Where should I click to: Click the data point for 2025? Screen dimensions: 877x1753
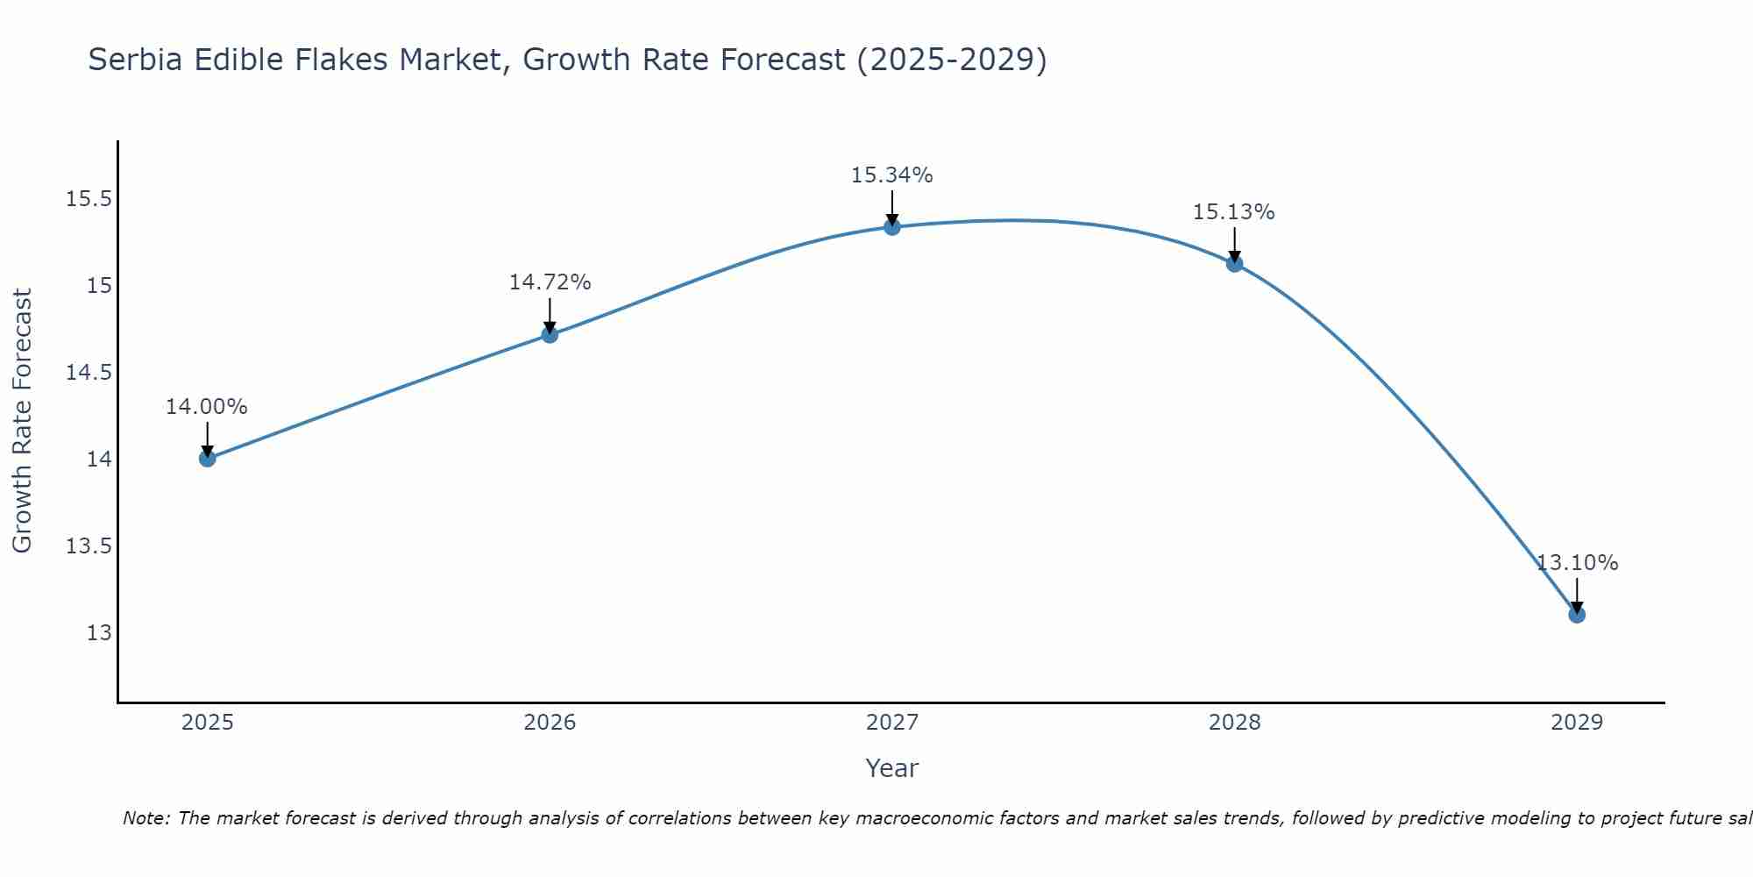(x=207, y=459)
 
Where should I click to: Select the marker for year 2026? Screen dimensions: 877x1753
(x=550, y=334)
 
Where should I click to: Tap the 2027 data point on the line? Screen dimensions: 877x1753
(x=892, y=227)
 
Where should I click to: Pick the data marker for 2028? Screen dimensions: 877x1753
(x=1234, y=263)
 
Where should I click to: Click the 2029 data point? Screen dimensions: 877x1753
(x=1577, y=615)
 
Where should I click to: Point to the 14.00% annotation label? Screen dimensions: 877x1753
(x=207, y=407)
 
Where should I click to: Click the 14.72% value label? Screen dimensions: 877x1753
(x=550, y=282)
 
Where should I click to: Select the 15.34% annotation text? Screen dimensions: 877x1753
(x=892, y=175)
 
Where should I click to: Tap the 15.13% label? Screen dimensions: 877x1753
(x=1234, y=212)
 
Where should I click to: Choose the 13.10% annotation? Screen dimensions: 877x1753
(x=1577, y=563)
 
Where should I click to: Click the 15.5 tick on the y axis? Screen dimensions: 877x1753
(x=89, y=199)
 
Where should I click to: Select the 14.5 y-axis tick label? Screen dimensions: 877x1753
(x=89, y=373)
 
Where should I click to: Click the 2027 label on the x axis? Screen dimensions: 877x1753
(x=892, y=723)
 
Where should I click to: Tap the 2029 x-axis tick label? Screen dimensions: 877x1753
(x=1577, y=723)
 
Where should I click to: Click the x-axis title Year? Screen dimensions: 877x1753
(x=892, y=768)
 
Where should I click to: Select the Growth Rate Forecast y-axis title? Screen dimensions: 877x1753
(x=23, y=421)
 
